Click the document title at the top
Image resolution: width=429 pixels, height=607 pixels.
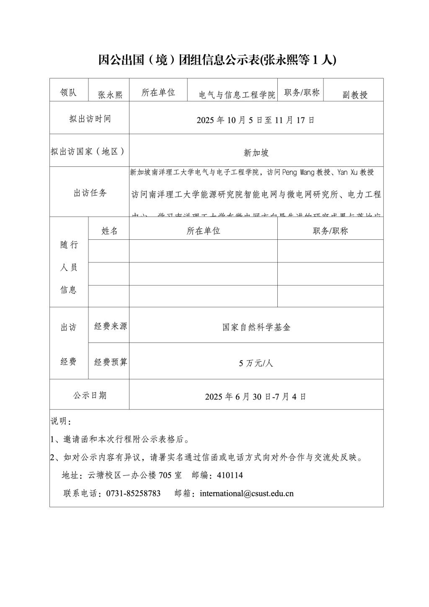point(217,60)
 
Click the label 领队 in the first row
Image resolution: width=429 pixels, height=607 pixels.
point(69,93)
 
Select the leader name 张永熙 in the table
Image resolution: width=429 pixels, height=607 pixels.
point(110,95)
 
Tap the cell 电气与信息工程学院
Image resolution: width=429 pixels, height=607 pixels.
point(237,95)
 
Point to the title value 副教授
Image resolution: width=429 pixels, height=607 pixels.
point(354,95)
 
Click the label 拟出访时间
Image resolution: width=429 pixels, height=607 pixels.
point(90,119)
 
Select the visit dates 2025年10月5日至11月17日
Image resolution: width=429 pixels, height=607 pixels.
point(256,120)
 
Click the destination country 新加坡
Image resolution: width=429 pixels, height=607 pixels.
point(256,153)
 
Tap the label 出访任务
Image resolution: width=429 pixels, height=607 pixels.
point(90,193)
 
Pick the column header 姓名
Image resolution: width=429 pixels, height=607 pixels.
point(109,231)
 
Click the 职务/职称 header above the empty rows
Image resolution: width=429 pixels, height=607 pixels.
point(330,231)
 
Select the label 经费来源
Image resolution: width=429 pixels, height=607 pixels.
point(110,326)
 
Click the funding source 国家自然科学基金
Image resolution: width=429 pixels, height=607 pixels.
point(256,327)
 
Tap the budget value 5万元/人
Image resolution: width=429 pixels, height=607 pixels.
point(256,363)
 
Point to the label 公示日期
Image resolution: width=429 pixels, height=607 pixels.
point(90,395)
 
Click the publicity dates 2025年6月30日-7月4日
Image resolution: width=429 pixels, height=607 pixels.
point(256,396)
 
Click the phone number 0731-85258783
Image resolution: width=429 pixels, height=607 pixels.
point(133,493)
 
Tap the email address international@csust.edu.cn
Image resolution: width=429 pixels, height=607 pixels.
point(246,493)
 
